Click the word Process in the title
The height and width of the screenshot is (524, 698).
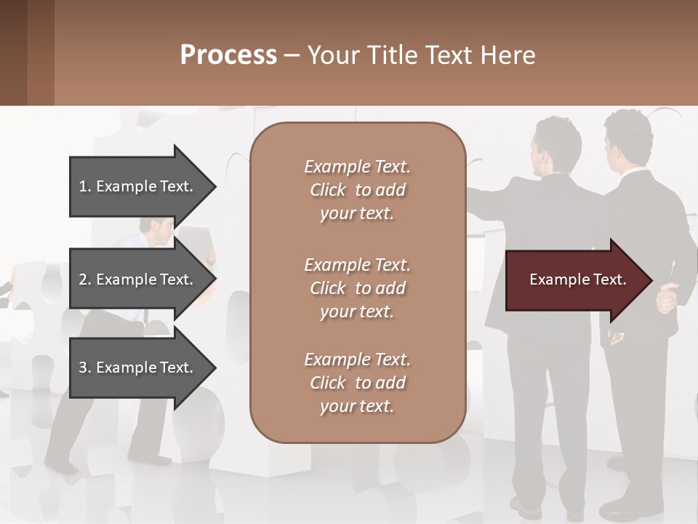pos(228,55)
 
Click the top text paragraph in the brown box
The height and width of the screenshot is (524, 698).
pos(357,190)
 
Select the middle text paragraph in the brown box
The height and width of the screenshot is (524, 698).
pos(357,288)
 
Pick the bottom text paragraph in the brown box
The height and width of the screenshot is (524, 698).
pos(357,383)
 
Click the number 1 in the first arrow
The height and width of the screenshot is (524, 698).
pos(83,186)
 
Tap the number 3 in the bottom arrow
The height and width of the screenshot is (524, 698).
pos(83,368)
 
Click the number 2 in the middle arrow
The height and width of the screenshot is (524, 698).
pos(83,279)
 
